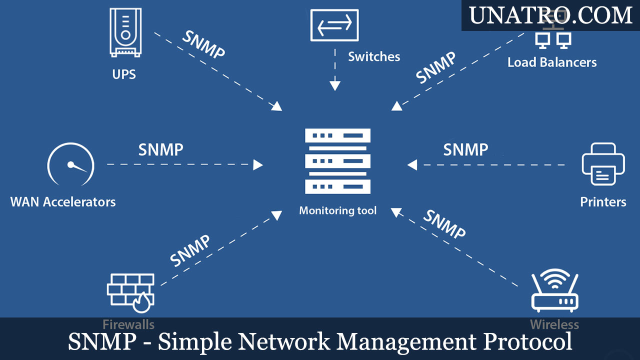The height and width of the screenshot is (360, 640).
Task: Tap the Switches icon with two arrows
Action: tap(334, 25)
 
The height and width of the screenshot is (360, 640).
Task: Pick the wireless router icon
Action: tap(554, 291)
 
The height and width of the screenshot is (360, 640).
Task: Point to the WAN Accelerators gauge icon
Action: tap(70, 164)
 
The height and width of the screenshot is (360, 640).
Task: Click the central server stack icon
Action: tap(337, 161)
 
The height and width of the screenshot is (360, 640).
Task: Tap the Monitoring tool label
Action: tap(337, 211)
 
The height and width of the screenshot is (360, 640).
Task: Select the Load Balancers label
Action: tap(552, 62)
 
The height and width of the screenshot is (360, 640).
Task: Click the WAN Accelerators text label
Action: tap(63, 202)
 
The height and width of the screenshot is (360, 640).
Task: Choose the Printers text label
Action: tap(603, 202)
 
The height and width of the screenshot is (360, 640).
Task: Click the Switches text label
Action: tap(374, 57)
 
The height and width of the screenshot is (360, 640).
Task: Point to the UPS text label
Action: tap(124, 75)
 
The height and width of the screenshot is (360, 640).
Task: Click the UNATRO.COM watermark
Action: tap(550, 15)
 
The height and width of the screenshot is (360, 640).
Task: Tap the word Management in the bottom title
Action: tap(406, 342)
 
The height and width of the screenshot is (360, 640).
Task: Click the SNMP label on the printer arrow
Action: tap(465, 149)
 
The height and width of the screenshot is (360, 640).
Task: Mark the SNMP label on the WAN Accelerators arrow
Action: tap(160, 149)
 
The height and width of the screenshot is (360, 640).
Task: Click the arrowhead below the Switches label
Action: tap(335, 85)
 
